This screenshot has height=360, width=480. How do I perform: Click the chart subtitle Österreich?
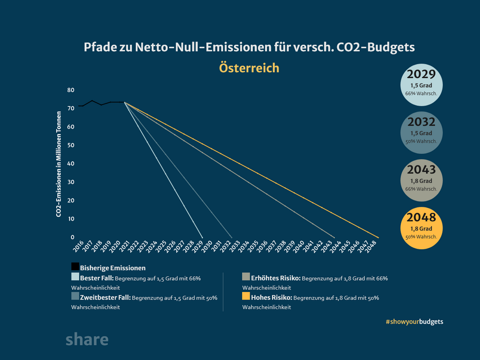coord(249,68)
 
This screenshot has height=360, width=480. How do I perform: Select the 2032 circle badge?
coord(422,132)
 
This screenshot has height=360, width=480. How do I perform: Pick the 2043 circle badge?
coord(422,180)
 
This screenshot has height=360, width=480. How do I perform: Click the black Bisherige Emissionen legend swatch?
coord(75,266)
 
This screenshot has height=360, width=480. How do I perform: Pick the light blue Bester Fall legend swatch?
coord(75,277)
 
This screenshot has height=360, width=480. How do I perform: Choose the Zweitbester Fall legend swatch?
coord(75,296)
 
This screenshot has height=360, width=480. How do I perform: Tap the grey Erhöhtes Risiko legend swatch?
coord(246,277)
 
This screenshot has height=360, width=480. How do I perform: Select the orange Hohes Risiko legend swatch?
coord(246,296)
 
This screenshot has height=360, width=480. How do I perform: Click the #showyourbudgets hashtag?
coord(415,321)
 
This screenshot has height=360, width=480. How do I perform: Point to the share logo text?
coord(87,340)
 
